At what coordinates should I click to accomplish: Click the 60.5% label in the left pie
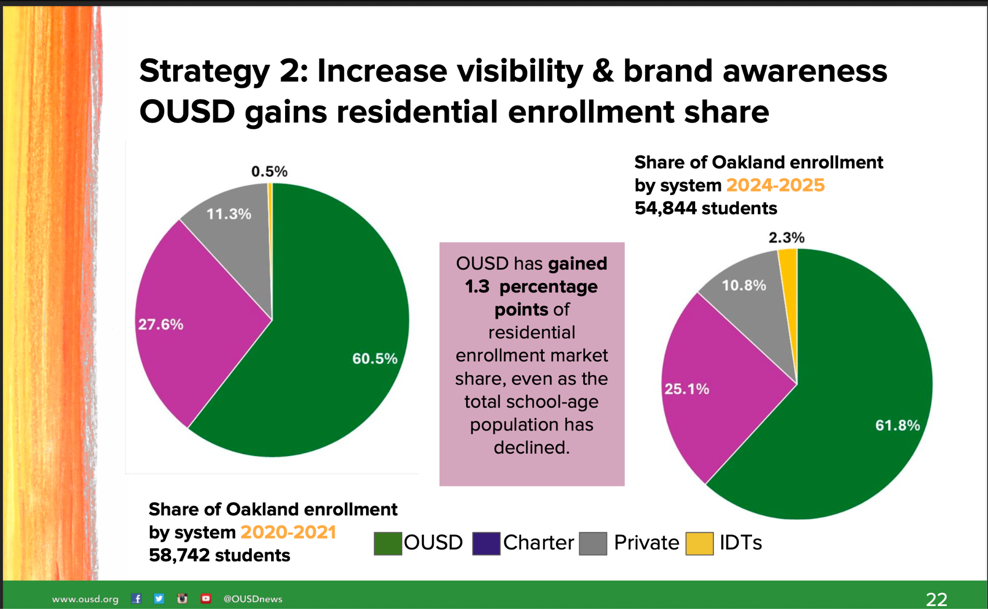coord(374,359)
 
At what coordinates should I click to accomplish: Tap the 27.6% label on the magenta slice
coord(161,324)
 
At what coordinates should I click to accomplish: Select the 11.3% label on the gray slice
coord(229,214)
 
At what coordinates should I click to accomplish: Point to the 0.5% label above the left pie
coord(269,171)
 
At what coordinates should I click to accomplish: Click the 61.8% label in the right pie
coord(897,425)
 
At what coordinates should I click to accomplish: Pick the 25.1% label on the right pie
coord(686,389)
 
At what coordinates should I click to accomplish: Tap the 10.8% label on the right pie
coord(743,285)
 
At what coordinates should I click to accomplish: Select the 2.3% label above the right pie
coord(786,237)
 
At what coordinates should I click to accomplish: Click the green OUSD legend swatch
coord(388,544)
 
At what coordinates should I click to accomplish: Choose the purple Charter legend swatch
coord(486,544)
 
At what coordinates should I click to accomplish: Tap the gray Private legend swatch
coord(593,544)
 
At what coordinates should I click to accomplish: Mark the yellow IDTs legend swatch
coord(700,544)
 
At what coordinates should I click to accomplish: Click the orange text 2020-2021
coord(288,532)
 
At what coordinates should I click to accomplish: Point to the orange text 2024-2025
coord(775,185)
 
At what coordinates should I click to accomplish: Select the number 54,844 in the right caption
coord(665,208)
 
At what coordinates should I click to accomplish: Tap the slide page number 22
coord(936,599)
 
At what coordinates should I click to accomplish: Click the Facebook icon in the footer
coord(137,599)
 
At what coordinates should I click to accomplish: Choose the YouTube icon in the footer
coord(206,599)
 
